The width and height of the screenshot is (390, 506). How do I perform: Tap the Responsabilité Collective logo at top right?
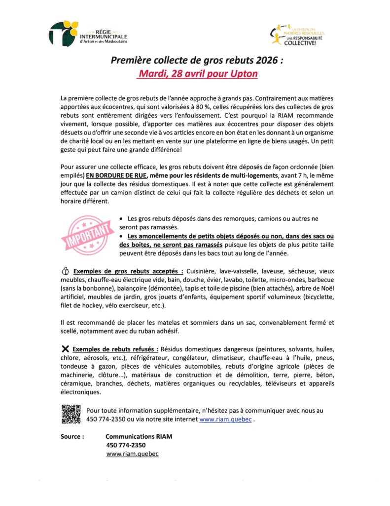pos(299,35)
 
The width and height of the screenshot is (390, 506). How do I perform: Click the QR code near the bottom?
pos(71,414)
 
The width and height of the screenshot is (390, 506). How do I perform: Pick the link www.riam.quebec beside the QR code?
pos(225,419)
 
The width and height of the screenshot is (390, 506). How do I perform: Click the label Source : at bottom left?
pos(72,437)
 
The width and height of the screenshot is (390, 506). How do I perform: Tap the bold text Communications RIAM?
pos(139,437)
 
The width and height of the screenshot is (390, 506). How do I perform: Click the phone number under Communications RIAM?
pos(126,445)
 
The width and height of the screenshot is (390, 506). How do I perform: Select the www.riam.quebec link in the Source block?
pos(132,454)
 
